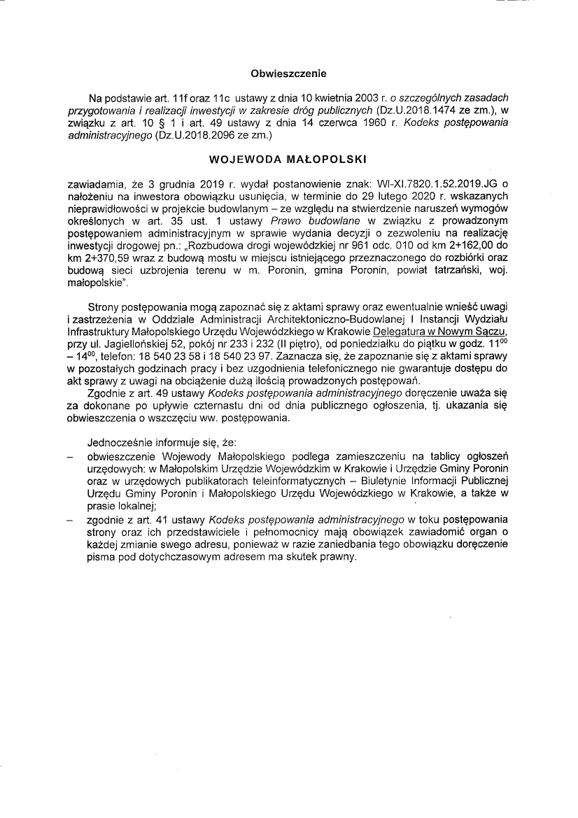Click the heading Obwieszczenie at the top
[x=288, y=73]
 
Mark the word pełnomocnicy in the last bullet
[x=287, y=532]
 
